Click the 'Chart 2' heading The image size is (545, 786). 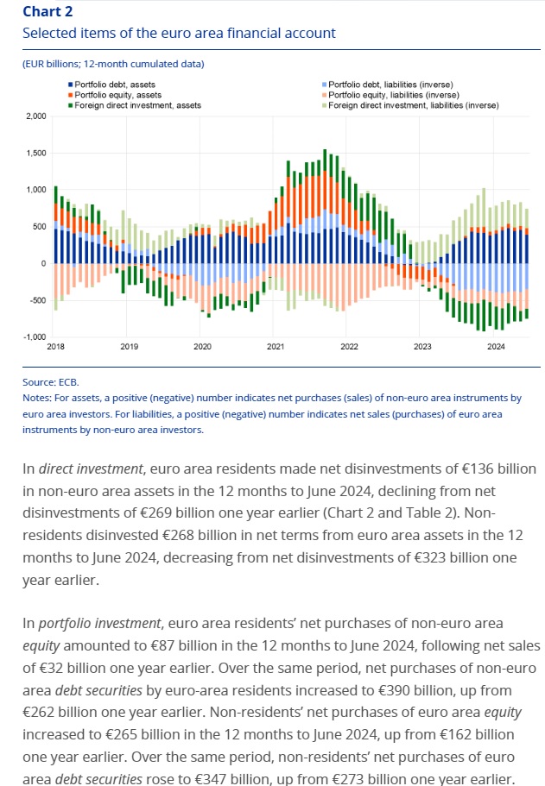coord(48,11)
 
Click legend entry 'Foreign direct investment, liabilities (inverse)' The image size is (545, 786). coord(405,105)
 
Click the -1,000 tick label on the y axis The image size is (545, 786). coord(35,336)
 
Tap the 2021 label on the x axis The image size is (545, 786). coord(276,347)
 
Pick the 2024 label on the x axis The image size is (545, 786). coord(496,347)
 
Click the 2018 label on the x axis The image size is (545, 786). coord(55,347)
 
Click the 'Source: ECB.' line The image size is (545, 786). coord(51,380)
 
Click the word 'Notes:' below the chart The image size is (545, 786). coord(37,398)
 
